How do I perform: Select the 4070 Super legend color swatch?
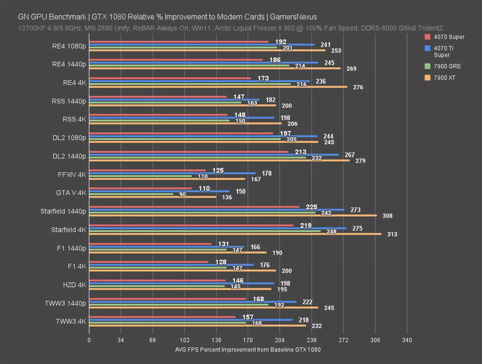point(427,37)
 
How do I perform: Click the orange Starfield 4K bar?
point(235,234)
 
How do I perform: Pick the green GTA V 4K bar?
point(131,194)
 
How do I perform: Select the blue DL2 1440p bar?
point(214,154)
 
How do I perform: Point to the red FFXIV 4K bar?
point(147,170)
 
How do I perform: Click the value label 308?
point(388,216)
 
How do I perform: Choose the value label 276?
point(358,87)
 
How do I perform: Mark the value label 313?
point(392,234)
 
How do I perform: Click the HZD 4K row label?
point(75,285)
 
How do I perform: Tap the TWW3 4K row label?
point(71,322)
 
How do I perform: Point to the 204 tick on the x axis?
point(280,340)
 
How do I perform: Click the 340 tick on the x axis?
point(407,340)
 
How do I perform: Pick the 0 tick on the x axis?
point(89,340)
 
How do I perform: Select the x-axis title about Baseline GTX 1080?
point(248,350)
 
